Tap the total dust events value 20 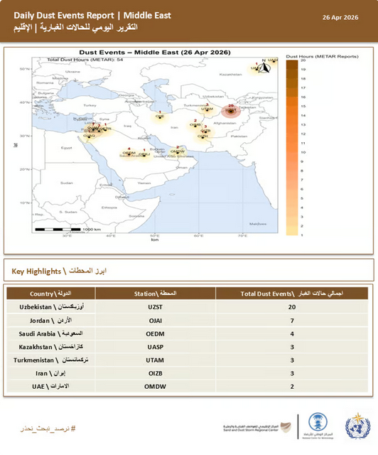pos(292,306)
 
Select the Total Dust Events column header pos(292,293)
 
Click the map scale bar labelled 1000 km pos(64,229)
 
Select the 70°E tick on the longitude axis pos(242,236)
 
